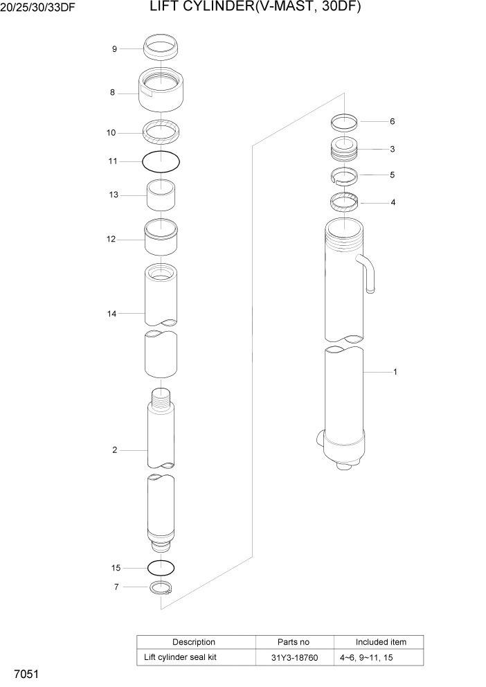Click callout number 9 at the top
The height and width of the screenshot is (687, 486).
tap(114, 49)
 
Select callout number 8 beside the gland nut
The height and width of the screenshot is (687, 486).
tap(112, 93)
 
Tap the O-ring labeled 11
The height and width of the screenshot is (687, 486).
tap(161, 161)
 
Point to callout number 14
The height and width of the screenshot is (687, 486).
tap(111, 314)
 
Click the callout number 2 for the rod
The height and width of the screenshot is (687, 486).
tap(114, 451)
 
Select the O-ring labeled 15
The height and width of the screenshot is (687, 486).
tap(161, 568)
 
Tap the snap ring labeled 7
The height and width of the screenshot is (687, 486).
tap(161, 588)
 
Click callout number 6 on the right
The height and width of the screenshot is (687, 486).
tap(392, 122)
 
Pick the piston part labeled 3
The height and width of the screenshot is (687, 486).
tap(344, 148)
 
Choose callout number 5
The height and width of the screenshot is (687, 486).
tap(392, 175)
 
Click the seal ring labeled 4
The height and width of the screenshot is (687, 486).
tap(344, 203)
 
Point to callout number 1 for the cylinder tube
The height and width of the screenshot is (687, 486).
tap(395, 373)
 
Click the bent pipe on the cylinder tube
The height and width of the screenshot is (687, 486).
tap(367, 271)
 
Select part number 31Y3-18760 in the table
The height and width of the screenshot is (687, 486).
tap(295, 657)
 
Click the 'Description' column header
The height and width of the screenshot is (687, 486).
tap(194, 642)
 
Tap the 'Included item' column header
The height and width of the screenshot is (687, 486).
tap(381, 642)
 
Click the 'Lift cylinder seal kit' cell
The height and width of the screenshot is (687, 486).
tap(180, 657)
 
